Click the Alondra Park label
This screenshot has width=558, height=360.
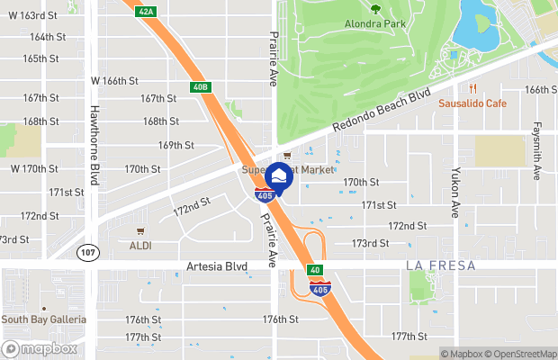[x=375, y=23]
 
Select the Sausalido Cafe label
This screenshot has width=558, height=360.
[x=472, y=103]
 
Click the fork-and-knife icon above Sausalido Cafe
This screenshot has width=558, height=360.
[x=472, y=88]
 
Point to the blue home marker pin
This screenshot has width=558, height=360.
[x=280, y=176]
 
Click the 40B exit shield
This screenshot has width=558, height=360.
[x=200, y=87]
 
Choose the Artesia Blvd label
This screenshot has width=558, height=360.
[x=217, y=267]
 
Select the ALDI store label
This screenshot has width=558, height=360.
[x=141, y=245]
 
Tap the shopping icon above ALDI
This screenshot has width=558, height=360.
[x=140, y=230]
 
